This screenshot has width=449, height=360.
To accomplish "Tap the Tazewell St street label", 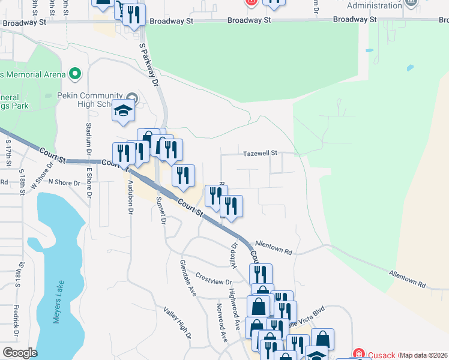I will pyautogui.click(x=260, y=154).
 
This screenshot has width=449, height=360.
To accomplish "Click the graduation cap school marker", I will pyautogui.click(x=123, y=112).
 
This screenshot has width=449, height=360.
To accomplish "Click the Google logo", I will pyautogui.click(x=19, y=353).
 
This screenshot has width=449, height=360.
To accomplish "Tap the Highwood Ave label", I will pyautogui.click(x=235, y=303).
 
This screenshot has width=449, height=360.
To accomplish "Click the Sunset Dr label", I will pyautogui.click(x=160, y=211).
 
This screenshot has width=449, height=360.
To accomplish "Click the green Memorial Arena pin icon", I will pyautogui.click(x=75, y=74).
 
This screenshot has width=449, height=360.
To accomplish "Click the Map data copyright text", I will pyautogui.click(x=424, y=355).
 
